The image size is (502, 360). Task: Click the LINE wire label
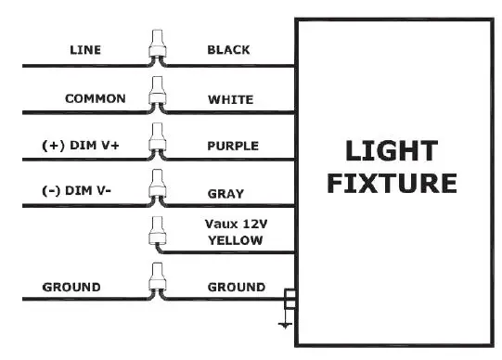(x=86, y=50)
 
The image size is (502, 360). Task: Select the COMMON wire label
(x=95, y=97)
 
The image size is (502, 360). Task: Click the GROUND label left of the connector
(x=71, y=288)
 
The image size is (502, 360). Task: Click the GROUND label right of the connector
(x=236, y=288)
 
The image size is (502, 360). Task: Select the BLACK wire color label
(x=227, y=50)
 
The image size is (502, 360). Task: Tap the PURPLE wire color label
(x=232, y=146)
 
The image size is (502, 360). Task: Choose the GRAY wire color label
(x=225, y=193)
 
